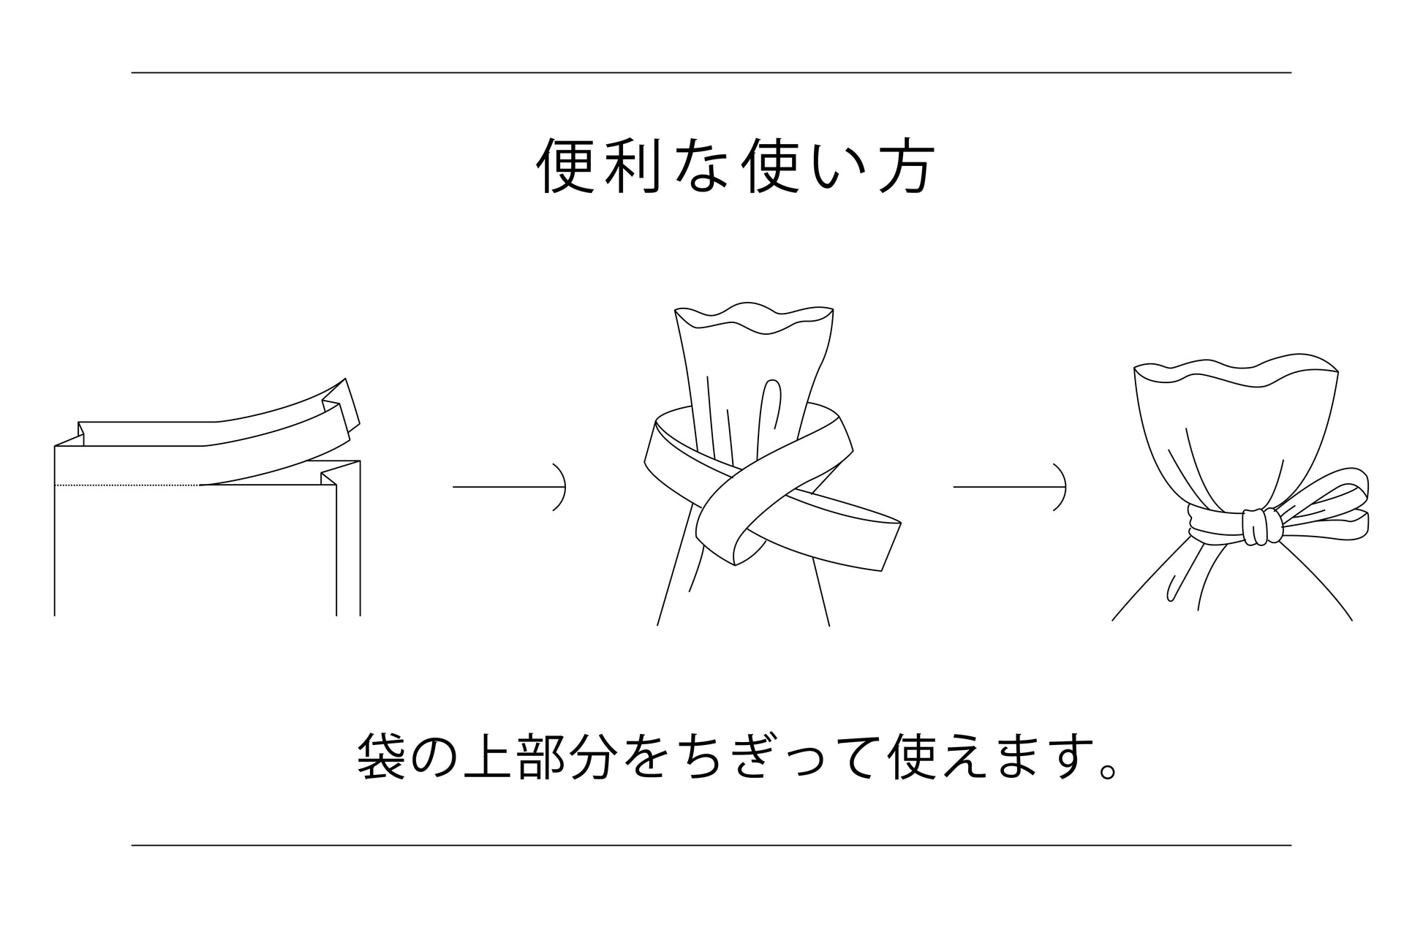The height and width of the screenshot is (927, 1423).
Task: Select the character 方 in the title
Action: [x=905, y=167]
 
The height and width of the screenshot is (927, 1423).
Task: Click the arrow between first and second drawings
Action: [x=509, y=486]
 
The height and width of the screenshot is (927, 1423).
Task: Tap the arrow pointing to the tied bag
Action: [x=1009, y=486]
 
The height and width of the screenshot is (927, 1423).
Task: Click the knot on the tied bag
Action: [x=1263, y=527]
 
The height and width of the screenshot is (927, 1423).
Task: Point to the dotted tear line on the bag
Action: [x=127, y=485]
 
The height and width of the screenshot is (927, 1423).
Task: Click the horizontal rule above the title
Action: [x=711, y=72]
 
